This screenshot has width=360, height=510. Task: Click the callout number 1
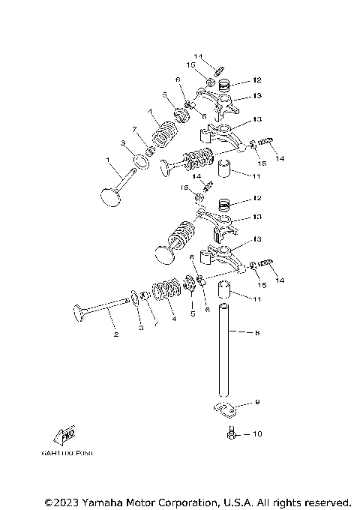click(x=108, y=159)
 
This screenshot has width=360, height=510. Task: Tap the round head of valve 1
click(x=111, y=196)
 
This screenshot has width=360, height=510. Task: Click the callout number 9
click(x=256, y=403)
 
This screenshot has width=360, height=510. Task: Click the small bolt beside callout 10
click(x=232, y=433)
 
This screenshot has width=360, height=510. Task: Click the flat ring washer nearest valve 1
click(x=139, y=160)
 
